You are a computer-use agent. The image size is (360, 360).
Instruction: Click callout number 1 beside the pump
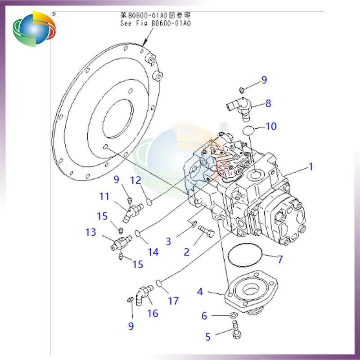click(310, 167)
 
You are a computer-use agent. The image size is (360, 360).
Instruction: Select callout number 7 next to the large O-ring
click(279, 259)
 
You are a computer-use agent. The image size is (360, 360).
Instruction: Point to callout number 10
click(271, 127)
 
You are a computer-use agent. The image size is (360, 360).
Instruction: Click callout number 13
click(90, 233)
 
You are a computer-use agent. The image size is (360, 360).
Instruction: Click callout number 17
click(173, 301)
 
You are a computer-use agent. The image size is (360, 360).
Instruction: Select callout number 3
click(168, 242)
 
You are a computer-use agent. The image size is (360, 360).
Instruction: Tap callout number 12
click(136, 180)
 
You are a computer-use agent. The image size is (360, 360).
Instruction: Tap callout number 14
click(153, 252)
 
